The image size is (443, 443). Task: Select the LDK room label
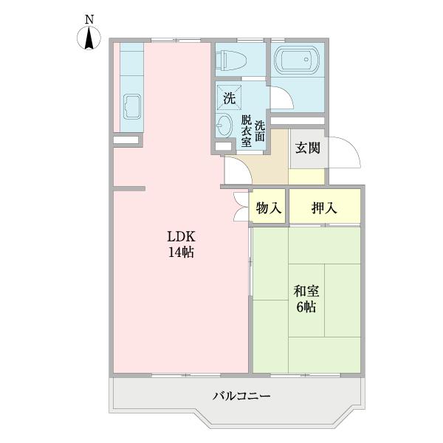(x=180, y=237)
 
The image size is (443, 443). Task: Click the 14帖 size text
(x=180, y=253)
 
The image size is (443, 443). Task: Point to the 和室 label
(x=306, y=291)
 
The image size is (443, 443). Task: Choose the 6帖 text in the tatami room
(x=306, y=307)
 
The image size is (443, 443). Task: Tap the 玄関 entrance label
(x=307, y=148)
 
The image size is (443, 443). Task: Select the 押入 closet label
(x=324, y=208)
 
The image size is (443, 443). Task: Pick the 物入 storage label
(x=269, y=208)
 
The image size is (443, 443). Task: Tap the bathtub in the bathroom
(x=298, y=59)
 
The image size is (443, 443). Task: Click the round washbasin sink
(x=224, y=126)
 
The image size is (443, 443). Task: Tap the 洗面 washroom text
(x=259, y=130)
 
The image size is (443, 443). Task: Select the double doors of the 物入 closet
(x=241, y=206)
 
